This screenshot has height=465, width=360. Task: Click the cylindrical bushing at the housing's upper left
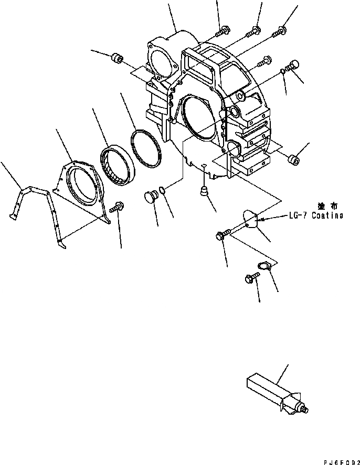tap(117, 58)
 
